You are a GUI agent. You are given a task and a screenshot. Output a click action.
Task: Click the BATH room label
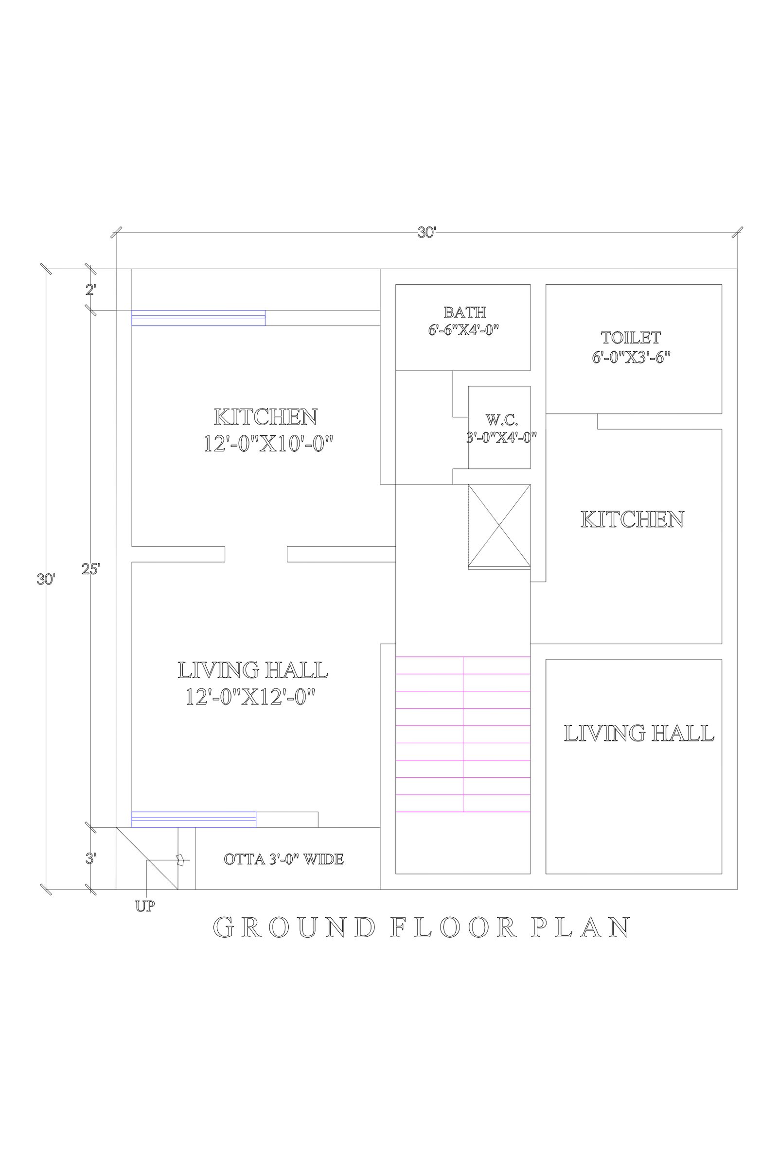pos(464,312)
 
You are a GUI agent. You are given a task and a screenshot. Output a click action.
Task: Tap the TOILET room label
pos(631,338)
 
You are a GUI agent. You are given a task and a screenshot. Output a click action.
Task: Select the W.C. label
pos(501,420)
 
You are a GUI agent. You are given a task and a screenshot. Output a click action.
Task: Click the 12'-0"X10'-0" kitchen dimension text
pos(268,443)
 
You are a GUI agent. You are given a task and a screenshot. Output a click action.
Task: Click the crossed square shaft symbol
pos(499,526)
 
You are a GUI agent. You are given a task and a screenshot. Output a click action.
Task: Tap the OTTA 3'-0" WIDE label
pos(284,859)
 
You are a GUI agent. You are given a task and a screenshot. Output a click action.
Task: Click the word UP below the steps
pos(145,906)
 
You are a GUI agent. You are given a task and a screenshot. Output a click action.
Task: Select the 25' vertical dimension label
pos(91,569)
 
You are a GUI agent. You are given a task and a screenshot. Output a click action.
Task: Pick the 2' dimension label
pos(91,290)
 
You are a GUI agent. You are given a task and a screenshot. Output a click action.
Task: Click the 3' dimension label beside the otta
pos(91,858)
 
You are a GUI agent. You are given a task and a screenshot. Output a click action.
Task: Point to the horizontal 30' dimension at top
pos(427,233)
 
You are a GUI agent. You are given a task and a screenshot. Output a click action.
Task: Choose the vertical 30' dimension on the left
pos(46,579)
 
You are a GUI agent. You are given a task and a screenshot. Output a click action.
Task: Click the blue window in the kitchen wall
pos(198,318)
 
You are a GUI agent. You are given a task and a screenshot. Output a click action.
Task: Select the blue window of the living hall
pos(194,820)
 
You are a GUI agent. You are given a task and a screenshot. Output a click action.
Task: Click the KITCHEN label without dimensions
pos(632,519)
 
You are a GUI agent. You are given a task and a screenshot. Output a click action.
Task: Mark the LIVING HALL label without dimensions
pos(639,733)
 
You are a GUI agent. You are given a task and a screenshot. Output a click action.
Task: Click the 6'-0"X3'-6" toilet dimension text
pos(631,357)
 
